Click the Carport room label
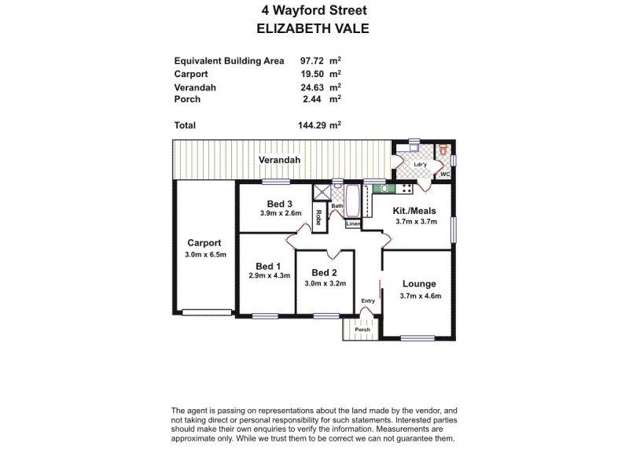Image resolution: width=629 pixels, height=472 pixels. tap(204, 242)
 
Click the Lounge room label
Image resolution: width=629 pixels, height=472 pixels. tap(419, 284)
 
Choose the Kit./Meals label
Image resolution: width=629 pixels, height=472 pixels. tap(414, 211)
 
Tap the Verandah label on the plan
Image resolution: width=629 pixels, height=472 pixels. tap(280, 160)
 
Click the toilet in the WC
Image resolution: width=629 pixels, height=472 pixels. tap(445, 149)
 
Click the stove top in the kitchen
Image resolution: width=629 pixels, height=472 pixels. tap(406, 188)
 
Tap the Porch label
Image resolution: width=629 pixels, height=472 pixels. tap(362, 330)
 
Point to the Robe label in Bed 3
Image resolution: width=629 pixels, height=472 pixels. tap(318, 217)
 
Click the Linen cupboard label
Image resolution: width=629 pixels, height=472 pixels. tap(353, 224)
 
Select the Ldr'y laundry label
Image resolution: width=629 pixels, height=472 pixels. tap(420, 164)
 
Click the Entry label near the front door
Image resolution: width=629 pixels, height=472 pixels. tap(367, 301)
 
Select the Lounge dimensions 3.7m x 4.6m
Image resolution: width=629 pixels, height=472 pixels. tap(420, 296)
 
